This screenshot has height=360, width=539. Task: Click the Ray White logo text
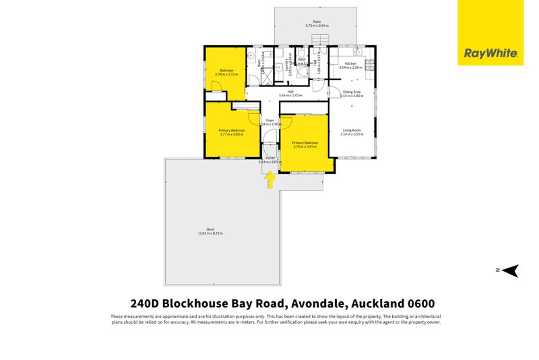490,53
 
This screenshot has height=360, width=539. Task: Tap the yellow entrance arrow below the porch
269,180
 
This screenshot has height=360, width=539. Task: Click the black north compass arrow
510,270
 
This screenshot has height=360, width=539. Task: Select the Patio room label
317,22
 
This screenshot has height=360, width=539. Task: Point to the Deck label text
210,229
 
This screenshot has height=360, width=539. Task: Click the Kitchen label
350,63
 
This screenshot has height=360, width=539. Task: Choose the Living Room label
352,130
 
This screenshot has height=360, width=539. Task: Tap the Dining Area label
352,92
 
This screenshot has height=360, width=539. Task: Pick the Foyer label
269,120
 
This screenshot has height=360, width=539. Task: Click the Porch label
269,158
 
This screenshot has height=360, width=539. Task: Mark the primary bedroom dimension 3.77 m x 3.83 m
230,134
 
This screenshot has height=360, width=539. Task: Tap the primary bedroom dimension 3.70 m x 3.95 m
304,146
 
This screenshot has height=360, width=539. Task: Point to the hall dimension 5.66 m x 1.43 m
290,95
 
